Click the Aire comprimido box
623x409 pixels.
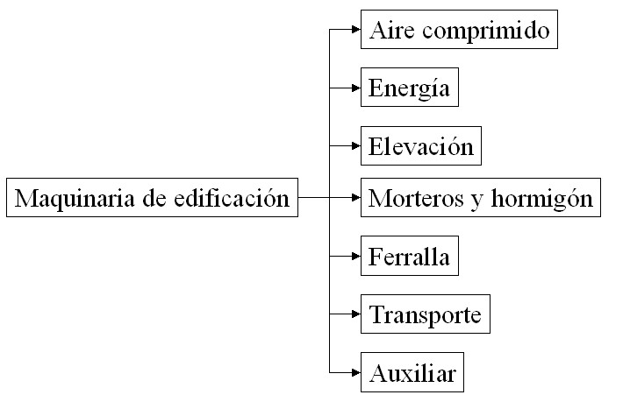click(459, 30)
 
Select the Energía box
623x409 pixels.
click(410, 88)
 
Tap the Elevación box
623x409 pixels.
click(421, 146)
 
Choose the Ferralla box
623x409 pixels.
click(410, 256)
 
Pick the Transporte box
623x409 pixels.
click(426, 314)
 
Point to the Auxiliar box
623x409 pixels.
click(412, 372)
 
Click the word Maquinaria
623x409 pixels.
click(75, 198)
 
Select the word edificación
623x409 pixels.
click(232, 197)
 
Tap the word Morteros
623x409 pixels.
click(416, 198)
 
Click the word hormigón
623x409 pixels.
click(542, 198)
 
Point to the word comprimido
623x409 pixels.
click(485, 31)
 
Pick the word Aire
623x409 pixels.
click(392, 30)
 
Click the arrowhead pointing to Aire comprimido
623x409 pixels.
click(356, 30)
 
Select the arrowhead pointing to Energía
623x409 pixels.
click(356, 88)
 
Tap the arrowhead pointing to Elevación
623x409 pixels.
click(356, 146)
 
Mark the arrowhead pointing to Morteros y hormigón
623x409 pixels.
click(356, 197)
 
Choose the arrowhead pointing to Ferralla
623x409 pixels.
click(356, 257)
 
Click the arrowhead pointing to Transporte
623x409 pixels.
click(356, 314)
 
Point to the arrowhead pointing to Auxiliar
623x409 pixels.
click(356, 372)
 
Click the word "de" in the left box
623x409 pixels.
click(154, 197)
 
